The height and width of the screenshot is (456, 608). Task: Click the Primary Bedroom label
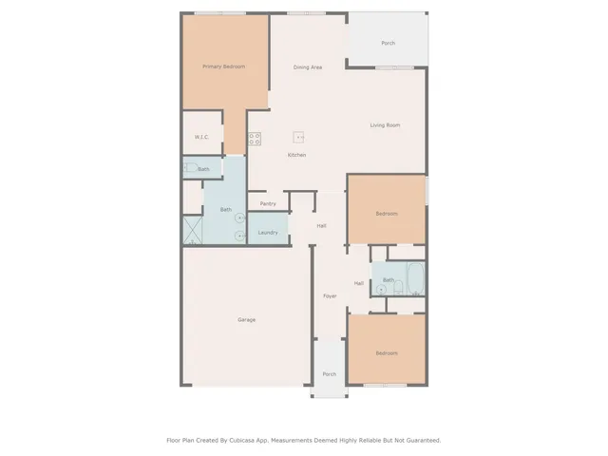pos(224,66)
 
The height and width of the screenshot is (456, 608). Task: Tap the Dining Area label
pos(308,67)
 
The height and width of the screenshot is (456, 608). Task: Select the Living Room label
pos(385,125)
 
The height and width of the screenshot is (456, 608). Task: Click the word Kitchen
pos(296,155)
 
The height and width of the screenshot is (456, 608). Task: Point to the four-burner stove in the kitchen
pos(255,139)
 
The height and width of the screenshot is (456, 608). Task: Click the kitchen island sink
pos(299,137)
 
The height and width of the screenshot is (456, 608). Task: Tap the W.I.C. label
pos(201,138)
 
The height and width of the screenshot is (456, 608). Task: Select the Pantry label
pos(268,203)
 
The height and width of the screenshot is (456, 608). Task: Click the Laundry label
pos(268,232)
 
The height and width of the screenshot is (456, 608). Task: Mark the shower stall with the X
pos(193,231)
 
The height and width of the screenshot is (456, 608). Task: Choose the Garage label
pos(246,319)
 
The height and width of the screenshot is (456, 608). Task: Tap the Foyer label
pos(330,296)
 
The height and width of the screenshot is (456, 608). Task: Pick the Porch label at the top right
pos(388,44)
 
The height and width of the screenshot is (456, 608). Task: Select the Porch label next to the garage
pos(330,373)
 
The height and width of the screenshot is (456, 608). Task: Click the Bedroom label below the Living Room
pos(386,214)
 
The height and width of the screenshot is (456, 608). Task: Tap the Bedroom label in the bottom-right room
pos(386,353)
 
